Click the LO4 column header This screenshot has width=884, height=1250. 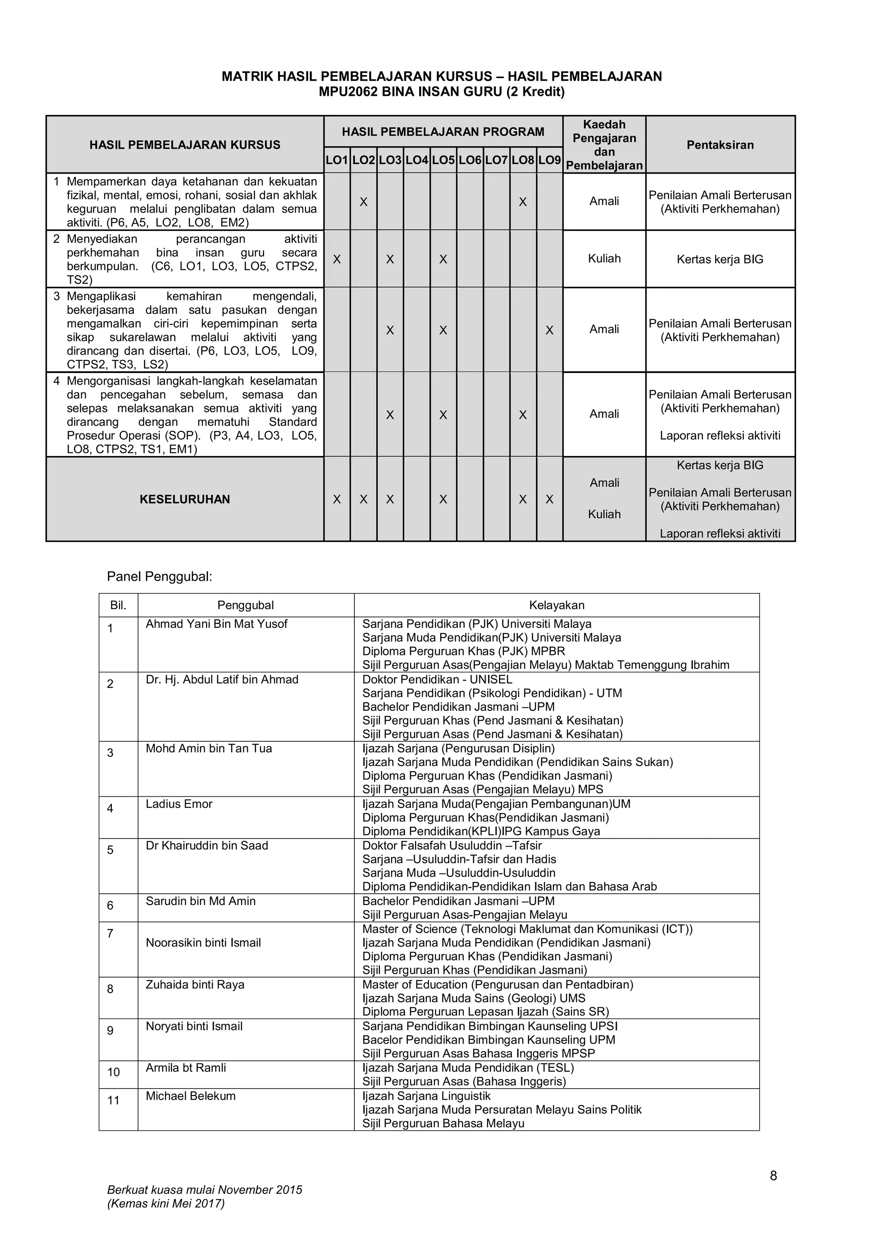coord(417,160)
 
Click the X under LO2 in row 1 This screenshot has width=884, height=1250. coord(363,202)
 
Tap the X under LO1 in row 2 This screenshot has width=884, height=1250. coord(337,259)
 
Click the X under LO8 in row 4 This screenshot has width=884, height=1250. coord(523,415)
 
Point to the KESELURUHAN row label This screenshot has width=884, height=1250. coord(185,499)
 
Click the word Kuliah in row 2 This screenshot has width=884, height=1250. coord(604,259)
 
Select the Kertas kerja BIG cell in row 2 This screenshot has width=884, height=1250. coord(720,259)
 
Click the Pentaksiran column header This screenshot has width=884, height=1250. coord(720,145)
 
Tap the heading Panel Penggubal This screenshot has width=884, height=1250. coord(159,576)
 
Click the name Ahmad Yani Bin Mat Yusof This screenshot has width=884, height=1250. coord(216,624)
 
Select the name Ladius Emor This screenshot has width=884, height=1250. coord(179,804)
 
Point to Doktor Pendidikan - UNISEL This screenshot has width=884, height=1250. coord(437,680)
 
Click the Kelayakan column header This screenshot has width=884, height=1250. coord(556,605)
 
